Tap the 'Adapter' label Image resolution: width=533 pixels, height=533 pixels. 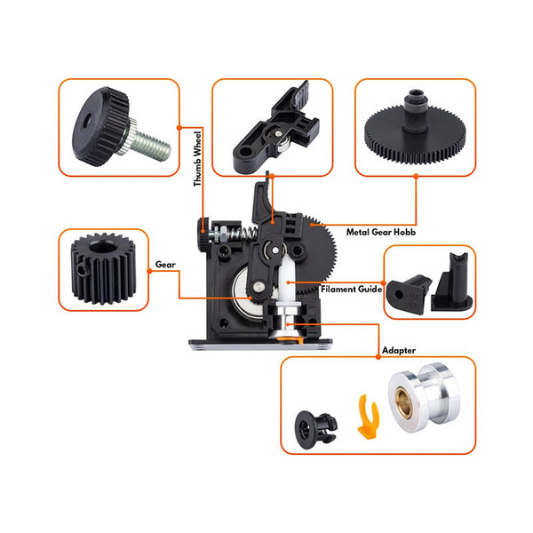pos(398,351)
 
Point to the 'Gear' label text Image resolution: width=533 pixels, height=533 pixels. pos(165,265)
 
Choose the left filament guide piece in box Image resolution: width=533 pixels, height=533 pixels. pos(414,287)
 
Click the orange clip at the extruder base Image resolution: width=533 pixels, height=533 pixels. pos(289,337)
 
